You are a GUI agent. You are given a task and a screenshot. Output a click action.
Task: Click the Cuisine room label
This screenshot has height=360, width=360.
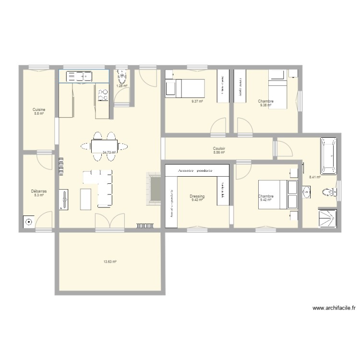(39, 109)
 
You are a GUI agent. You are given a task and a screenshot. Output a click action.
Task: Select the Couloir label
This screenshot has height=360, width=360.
(219, 149)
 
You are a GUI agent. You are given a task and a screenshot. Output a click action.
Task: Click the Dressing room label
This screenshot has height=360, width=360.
(197, 196)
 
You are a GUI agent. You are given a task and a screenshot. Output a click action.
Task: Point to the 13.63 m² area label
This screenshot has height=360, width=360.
(110, 262)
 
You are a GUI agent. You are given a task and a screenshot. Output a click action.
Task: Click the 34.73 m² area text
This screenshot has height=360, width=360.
(109, 153)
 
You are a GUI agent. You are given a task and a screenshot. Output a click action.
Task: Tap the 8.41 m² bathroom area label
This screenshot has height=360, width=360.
(314, 177)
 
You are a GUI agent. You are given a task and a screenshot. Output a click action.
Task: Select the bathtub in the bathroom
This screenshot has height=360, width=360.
(329, 156)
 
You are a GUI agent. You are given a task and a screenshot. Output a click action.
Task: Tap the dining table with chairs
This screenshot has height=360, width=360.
(105, 145)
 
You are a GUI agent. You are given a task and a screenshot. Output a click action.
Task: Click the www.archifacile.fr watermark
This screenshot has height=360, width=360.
(333, 309)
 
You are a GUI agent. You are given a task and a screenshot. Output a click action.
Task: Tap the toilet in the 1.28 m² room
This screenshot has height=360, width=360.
(122, 78)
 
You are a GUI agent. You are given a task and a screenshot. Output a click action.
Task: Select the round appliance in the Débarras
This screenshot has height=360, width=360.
(29, 222)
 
